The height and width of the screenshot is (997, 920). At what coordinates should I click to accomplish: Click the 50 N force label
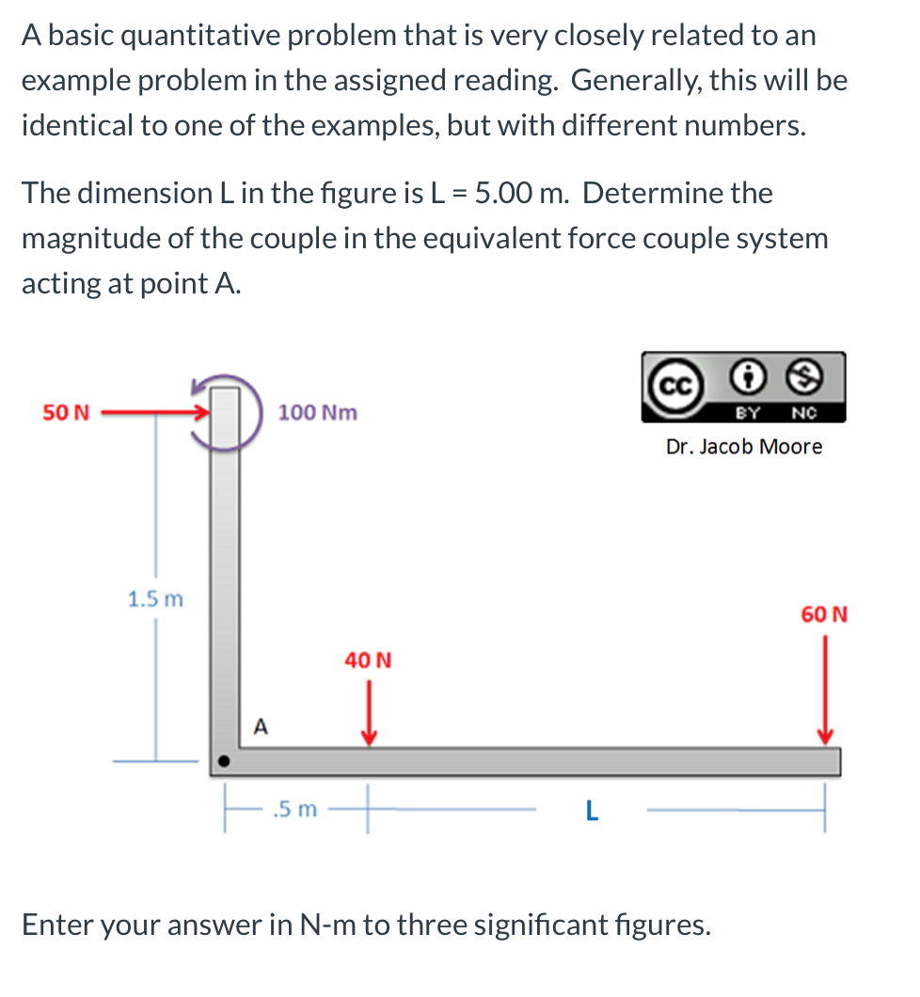pos(66,412)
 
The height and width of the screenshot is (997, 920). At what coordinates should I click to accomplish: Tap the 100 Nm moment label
pos(318,412)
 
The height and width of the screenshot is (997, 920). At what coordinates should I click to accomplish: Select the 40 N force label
pos(368,660)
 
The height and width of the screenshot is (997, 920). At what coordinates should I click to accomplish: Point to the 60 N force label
pos(824,615)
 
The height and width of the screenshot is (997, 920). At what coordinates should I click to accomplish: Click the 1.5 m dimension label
pos(156,599)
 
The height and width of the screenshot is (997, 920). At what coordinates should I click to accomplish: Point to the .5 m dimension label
pos(294,809)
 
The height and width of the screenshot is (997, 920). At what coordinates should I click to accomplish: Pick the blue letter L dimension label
pos(591,810)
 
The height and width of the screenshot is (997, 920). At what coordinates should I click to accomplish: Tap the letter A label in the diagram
pos(261,725)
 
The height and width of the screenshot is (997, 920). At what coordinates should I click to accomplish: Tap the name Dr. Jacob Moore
pos(743,447)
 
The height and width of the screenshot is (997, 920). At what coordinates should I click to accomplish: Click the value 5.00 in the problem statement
pos(506,194)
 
